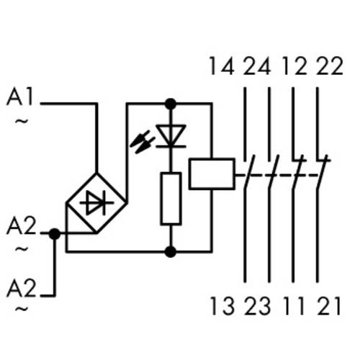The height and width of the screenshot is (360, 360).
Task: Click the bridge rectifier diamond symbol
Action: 96,203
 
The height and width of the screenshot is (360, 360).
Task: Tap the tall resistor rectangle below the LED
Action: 171,197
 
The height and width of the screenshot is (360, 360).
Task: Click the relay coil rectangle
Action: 210,174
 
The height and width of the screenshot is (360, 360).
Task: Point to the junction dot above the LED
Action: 171,104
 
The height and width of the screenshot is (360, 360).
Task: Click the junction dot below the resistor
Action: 171,251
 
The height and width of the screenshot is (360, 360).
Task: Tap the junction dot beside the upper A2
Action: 54,233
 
